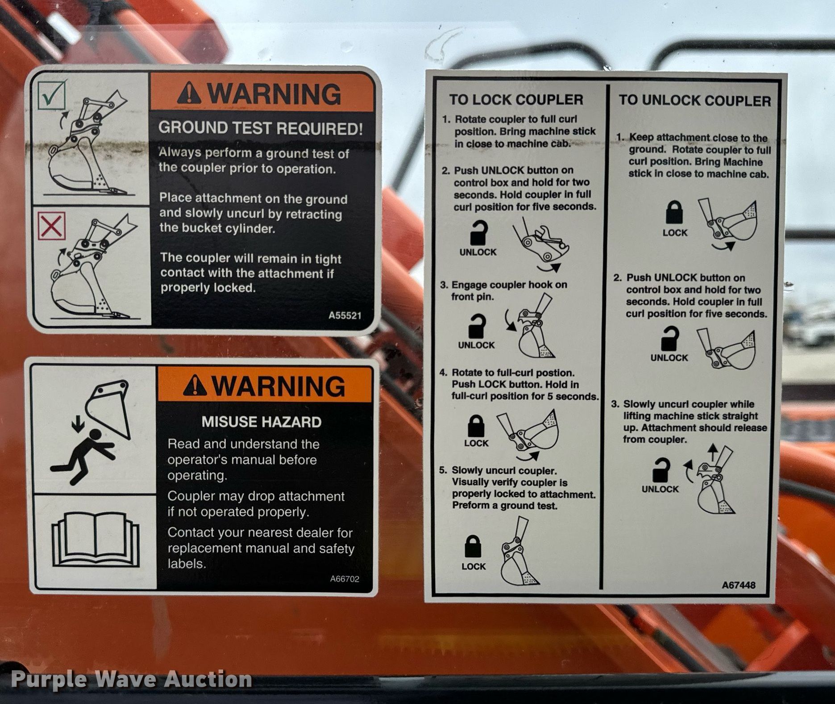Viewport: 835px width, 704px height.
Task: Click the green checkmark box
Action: tap(52, 94)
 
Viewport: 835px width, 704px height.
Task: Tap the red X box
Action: tap(52, 226)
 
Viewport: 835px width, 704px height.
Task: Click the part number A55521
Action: tap(345, 315)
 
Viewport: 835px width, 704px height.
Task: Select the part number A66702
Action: tap(345, 579)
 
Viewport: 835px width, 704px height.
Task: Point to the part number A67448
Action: tap(739, 585)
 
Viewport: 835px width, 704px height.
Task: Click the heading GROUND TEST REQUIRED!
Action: tap(261, 128)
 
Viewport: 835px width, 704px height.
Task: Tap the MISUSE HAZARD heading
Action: tap(262, 422)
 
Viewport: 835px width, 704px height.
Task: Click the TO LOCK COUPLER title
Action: tap(516, 99)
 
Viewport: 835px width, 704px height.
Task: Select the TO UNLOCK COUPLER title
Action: tap(694, 100)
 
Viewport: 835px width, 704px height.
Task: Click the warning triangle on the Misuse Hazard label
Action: tap(195, 385)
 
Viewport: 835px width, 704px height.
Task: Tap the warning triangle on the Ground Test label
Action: tap(189, 94)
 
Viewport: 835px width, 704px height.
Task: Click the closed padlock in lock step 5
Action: tap(474, 547)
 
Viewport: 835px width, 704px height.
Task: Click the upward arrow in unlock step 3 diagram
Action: tap(712, 453)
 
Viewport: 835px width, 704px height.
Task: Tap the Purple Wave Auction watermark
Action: tap(132, 679)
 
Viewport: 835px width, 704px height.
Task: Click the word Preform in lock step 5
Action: tap(470, 505)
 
